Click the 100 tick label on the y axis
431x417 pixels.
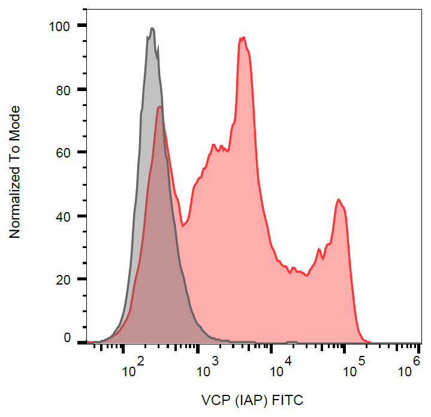[x=62, y=26]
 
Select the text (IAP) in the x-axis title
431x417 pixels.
[x=254, y=400]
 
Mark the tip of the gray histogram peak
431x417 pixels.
[x=152, y=28]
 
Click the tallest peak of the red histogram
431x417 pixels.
[x=243, y=38]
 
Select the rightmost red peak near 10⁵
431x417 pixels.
[x=339, y=200]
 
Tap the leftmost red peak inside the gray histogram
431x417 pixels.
[x=159, y=107]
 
